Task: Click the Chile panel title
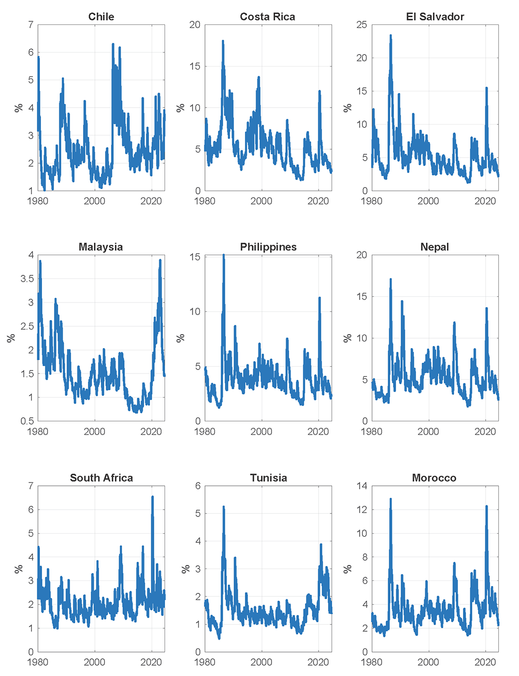point(101,17)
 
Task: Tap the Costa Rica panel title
point(267,17)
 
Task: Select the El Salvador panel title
point(435,17)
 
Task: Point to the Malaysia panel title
point(101,247)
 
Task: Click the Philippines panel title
point(268,247)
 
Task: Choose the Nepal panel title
point(435,247)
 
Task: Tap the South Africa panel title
point(101,478)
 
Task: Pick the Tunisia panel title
point(268,478)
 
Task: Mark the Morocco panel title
point(434,478)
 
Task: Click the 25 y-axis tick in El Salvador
point(361,24)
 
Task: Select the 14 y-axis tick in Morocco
point(361,486)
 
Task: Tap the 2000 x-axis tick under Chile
point(94,201)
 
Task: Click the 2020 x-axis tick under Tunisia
point(318,662)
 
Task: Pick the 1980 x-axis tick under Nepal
point(372,431)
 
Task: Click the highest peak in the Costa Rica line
point(223,41)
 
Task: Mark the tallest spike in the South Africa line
point(152,497)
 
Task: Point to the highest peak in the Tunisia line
point(224,507)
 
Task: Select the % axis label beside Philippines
point(181,338)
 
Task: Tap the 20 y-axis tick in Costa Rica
point(194,24)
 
